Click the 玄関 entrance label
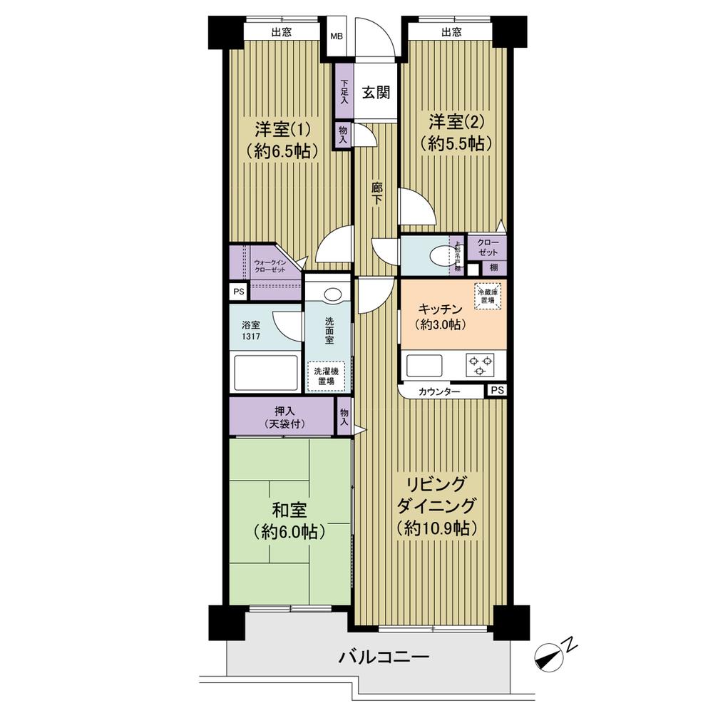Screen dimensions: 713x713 (x=375, y=93)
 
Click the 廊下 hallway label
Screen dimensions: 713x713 (x=376, y=194)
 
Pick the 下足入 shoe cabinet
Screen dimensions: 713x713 (x=344, y=93)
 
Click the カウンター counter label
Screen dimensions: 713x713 (x=439, y=391)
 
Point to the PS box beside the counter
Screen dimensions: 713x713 (x=497, y=391)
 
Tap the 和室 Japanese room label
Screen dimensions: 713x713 (x=289, y=520)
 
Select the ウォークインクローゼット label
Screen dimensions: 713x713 (x=270, y=267)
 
